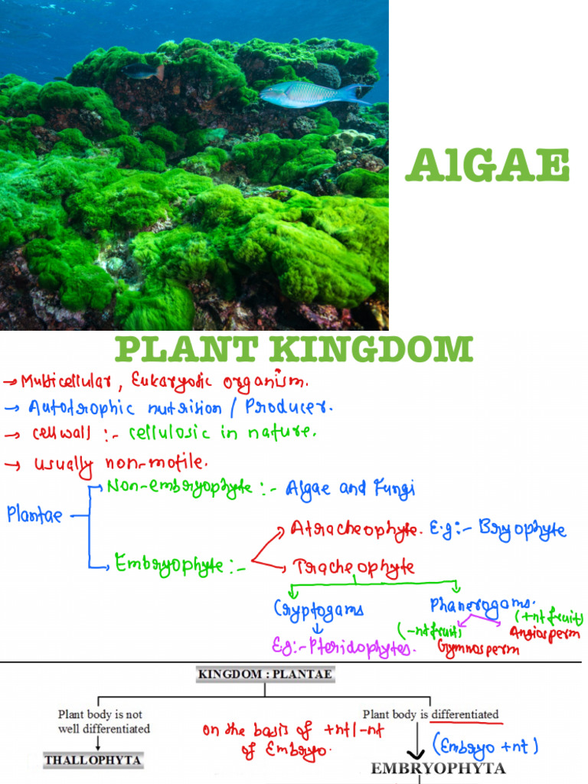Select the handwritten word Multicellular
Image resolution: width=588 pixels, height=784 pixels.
73,381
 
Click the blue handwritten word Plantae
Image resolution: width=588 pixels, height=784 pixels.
34,515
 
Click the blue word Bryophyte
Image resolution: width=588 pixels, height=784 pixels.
523,529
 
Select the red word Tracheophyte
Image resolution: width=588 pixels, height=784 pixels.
353,567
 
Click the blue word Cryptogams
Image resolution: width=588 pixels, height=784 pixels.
318,609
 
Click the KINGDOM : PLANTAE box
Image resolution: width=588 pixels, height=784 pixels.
265,675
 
